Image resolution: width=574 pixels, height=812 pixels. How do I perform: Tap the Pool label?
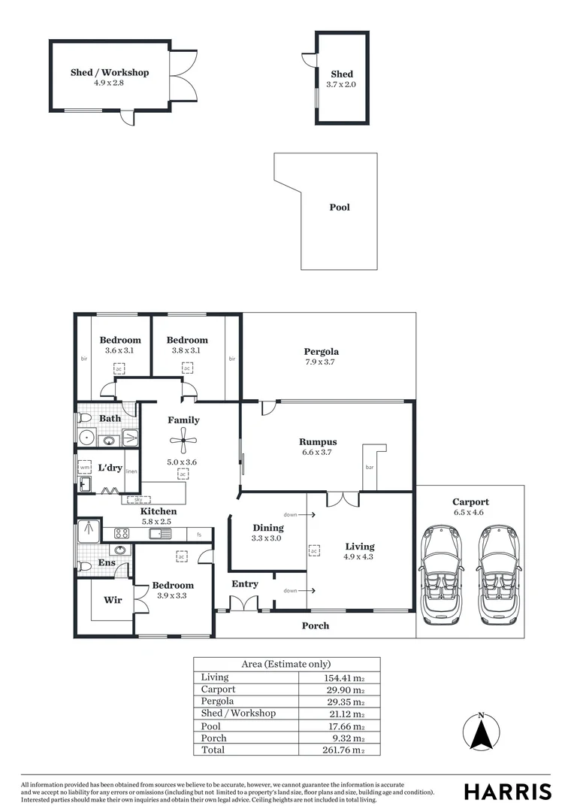[340, 208]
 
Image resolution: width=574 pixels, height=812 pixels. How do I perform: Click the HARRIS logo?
[507, 792]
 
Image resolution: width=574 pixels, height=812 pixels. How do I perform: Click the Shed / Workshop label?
[110, 72]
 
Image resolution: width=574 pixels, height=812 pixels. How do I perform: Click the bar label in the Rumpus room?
[369, 467]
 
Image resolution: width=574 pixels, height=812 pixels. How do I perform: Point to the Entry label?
[245, 583]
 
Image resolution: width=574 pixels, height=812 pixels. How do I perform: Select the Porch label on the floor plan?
[316, 626]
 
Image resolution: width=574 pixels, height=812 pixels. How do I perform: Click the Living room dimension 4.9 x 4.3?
[359, 557]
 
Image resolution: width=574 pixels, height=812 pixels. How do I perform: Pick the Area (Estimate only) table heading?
[286, 664]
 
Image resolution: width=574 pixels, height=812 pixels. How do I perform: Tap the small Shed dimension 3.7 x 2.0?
[342, 85]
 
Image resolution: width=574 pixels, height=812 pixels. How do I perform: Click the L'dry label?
[110, 468]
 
